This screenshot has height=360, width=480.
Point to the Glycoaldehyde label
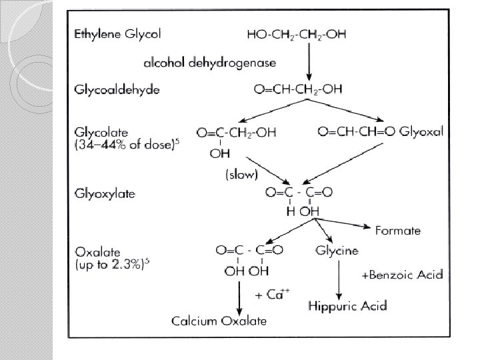117,89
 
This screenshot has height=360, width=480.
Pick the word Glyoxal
421,131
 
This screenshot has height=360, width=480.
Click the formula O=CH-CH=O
357,131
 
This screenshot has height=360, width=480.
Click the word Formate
398,230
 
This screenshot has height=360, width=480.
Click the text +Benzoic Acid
402,274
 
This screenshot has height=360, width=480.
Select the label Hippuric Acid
348,306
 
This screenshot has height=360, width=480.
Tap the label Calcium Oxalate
219,321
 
